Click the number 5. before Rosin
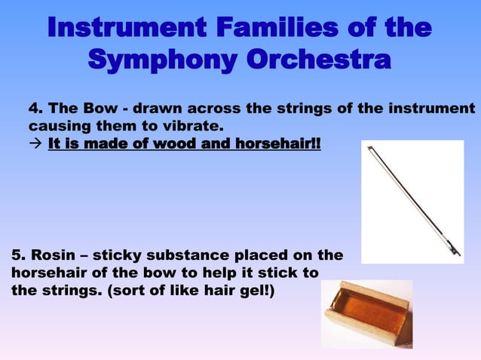pos(19,256)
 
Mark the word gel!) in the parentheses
pos(256,290)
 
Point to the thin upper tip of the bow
pos(370,149)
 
